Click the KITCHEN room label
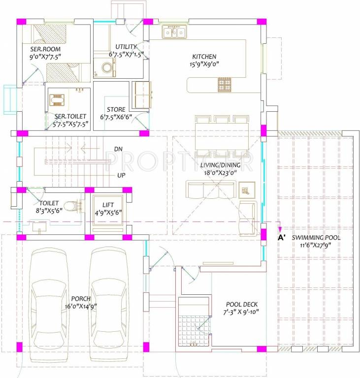(204, 57)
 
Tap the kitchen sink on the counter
(174, 32)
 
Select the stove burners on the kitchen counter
(225, 85)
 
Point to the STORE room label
(116, 110)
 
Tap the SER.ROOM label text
(45, 49)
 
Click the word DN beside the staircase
(118, 149)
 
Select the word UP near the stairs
(121, 175)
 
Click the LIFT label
(108, 205)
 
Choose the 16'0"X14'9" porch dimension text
(81, 307)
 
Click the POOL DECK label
(242, 305)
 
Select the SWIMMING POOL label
(316, 238)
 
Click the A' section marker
(281, 238)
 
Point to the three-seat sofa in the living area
(211, 189)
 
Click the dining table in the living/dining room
(222, 137)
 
